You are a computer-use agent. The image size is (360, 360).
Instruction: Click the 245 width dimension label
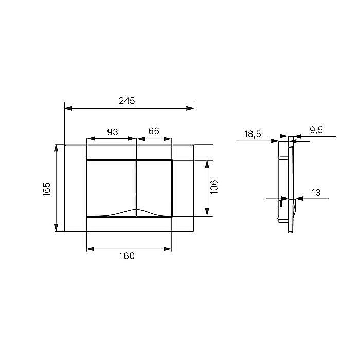click(127, 101)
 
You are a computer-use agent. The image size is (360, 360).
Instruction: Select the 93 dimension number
click(113, 132)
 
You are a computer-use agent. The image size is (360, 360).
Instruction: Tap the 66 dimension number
click(154, 131)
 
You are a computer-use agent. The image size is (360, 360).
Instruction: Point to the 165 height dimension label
click(47, 189)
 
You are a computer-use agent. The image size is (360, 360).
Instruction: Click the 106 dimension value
click(214, 187)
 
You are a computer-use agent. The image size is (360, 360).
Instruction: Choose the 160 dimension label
click(127, 256)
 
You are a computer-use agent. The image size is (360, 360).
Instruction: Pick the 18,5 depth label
click(253, 134)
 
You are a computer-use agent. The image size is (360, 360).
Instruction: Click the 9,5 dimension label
click(316, 130)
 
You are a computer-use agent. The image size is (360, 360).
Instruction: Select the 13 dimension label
click(316, 193)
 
